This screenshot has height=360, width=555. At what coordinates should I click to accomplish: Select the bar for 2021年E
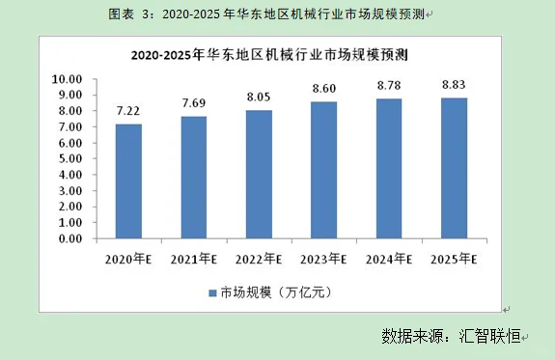193,178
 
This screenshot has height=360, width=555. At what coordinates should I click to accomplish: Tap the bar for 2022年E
259,175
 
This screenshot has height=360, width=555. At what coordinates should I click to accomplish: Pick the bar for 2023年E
323,171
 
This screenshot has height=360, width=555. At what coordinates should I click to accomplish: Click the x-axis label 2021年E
193,259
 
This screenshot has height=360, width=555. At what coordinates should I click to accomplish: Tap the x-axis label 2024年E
388,259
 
